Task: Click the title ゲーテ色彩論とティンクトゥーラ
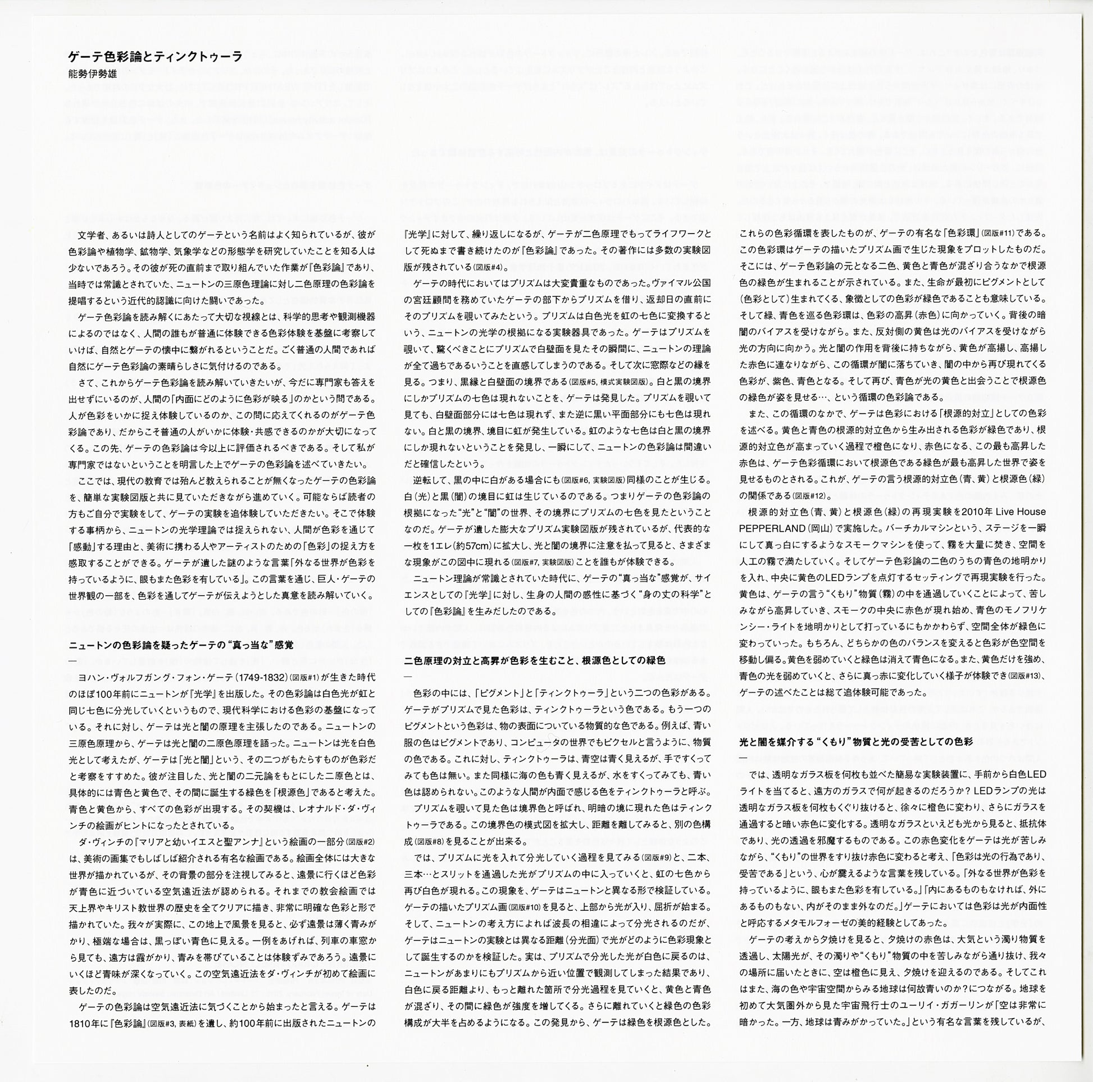point(155,56)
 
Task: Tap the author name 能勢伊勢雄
point(93,74)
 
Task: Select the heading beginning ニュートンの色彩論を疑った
point(181,645)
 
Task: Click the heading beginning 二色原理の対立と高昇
point(535,661)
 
